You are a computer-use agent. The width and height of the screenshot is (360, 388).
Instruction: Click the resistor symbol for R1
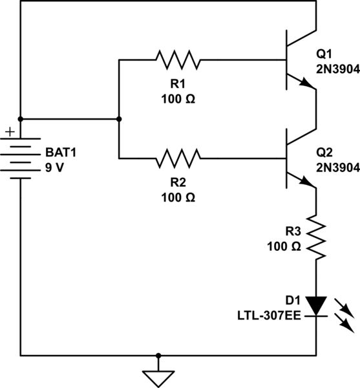pyautogui.click(x=178, y=60)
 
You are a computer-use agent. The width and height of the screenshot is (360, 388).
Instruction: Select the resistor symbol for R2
pyautogui.click(x=178, y=158)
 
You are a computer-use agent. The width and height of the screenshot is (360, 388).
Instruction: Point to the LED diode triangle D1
pyautogui.click(x=316, y=305)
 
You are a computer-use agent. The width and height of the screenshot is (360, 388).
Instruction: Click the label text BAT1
pyautogui.click(x=59, y=153)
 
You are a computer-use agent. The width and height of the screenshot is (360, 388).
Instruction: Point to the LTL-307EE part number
pyautogui.click(x=270, y=315)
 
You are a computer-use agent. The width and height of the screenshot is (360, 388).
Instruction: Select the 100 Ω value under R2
pyautogui.click(x=178, y=197)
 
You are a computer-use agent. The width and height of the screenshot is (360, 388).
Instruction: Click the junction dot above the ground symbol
pyautogui.click(x=158, y=355)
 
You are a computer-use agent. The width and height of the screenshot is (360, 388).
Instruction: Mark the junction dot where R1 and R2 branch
pyautogui.click(x=119, y=119)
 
